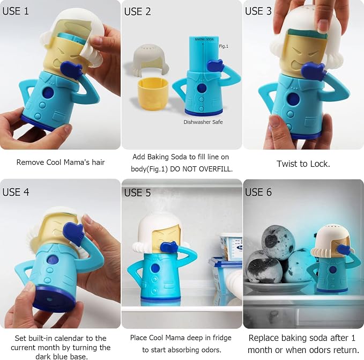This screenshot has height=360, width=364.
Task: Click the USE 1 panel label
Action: tap(16, 11)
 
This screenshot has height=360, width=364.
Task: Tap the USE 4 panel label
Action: tap(16, 192)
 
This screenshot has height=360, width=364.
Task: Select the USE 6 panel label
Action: tap(258, 192)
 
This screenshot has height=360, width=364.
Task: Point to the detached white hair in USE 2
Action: tap(151, 60)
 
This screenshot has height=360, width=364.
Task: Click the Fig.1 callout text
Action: tap(224, 46)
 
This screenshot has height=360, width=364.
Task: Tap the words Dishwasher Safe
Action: tap(203, 122)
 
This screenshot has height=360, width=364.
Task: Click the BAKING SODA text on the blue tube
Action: tap(204, 39)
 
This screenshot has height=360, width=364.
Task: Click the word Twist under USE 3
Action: tap(286, 164)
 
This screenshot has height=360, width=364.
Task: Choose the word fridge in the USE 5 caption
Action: tap(221, 337)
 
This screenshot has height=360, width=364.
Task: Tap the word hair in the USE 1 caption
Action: tap(99, 162)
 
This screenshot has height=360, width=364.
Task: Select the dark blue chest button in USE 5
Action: tap(155, 268)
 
